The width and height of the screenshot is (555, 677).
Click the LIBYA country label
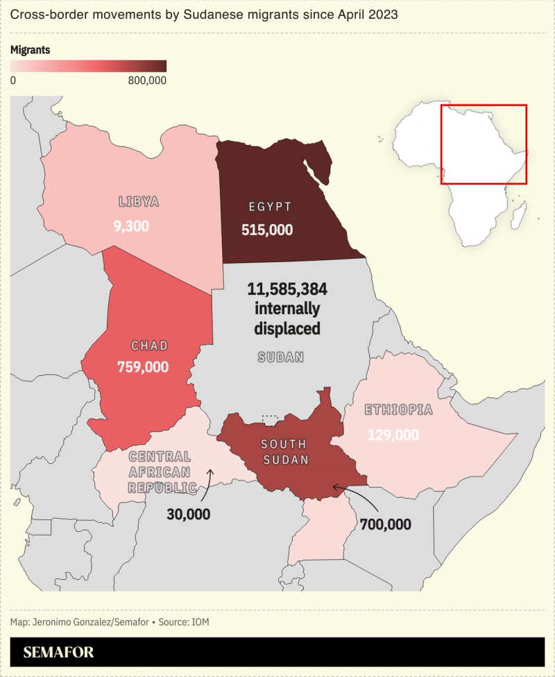139,202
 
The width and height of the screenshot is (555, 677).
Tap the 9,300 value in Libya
131,226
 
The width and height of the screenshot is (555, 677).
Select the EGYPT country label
270,207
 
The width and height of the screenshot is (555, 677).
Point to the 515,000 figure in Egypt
267,230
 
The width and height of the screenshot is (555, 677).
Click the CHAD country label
150,345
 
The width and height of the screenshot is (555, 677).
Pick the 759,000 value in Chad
143,367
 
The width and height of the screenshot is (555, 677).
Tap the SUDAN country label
281,357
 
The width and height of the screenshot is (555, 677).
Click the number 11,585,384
287,289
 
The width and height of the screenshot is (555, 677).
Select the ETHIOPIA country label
399,410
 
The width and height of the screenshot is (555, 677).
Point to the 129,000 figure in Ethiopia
393,435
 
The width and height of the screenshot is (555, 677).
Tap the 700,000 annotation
386,524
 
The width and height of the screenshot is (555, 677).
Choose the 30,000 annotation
188,514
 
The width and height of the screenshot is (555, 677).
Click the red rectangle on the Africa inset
484,144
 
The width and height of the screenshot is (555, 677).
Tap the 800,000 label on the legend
147,80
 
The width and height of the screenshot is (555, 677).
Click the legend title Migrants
30,50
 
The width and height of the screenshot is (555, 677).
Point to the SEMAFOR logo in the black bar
58,653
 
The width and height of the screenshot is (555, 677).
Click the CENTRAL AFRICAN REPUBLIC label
160,472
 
